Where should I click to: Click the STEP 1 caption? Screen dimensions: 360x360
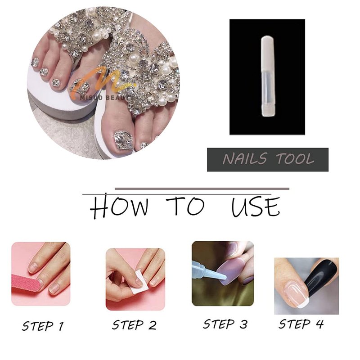pos(43,326)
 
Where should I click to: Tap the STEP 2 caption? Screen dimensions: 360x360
pos(134,325)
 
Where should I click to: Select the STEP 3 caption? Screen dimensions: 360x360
pos(225,324)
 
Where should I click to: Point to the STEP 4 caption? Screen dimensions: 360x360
pos(301,324)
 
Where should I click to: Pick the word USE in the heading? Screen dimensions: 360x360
pos(256,207)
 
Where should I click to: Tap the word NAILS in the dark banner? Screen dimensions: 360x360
pos(245,158)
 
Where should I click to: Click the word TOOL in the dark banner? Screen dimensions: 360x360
pos(295,158)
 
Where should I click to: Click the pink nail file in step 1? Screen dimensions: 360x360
pos(27,283)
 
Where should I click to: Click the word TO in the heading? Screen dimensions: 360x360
pos(185,206)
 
